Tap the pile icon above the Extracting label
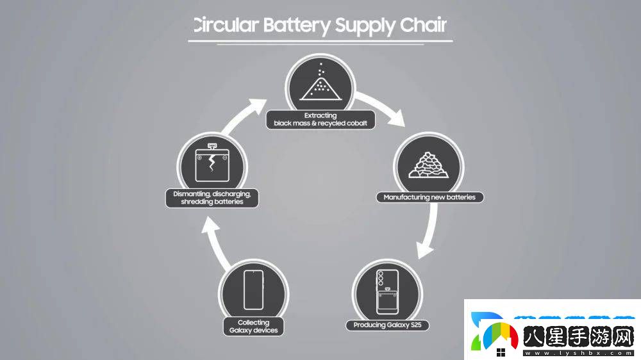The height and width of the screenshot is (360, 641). [320, 84]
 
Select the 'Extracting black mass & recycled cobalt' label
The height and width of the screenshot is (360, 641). [320, 120]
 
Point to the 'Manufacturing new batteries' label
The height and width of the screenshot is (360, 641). [429, 197]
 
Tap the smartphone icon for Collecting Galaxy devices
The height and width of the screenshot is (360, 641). [253, 290]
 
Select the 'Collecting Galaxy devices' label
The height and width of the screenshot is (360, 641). [253, 327]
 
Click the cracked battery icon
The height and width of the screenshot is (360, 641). [212, 161]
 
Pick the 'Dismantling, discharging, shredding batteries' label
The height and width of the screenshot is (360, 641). [212, 197]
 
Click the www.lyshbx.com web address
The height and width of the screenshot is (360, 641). [578, 352]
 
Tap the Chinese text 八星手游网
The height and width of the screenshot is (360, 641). [577, 336]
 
